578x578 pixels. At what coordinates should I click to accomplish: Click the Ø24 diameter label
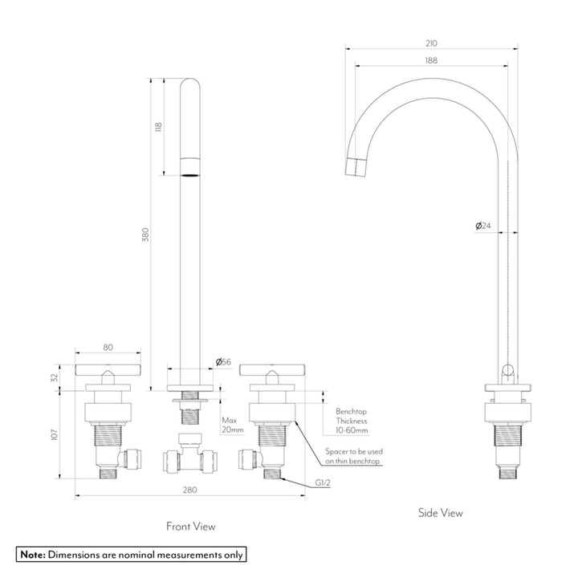click(x=483, y=226)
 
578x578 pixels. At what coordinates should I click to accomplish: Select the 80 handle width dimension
click(x=108, y=348)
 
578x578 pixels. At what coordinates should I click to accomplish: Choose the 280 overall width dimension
click(x=189, y=489)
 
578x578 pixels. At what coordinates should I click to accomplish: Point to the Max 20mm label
click(x=233, y=425)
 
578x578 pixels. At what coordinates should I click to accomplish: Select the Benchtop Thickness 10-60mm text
click(x=352, y=420)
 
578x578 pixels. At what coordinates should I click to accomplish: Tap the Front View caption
click(x=190, y=527)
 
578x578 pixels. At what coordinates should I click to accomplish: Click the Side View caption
click(x=440, y=512)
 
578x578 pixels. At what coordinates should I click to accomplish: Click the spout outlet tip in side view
click(x=357, y=167)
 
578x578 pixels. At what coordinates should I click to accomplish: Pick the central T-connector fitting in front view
click(x=189, y=458)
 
